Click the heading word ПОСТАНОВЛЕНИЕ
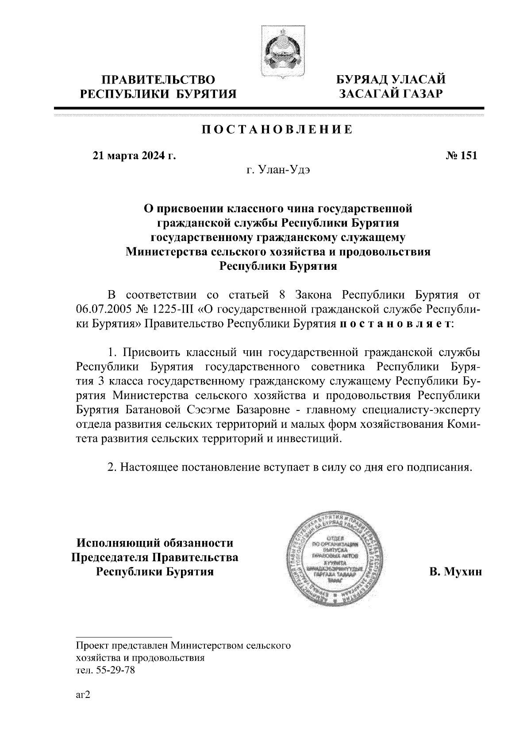tap(277, 130)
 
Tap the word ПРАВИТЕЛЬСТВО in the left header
tap(158, 80)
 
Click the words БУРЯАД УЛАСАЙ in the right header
tap(391, 80)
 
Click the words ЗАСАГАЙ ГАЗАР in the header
tap(391, 93)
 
